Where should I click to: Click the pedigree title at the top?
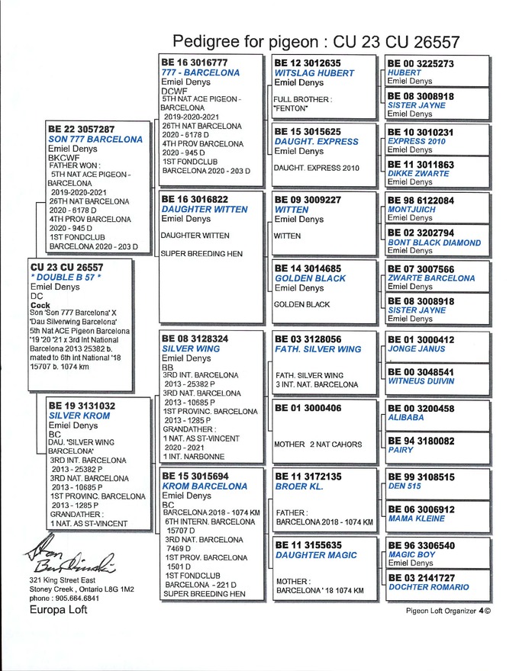[316, 40]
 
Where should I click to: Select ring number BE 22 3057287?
[82, 130]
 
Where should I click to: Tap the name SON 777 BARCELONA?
[95, 140]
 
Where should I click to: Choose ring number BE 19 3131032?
[82, 406]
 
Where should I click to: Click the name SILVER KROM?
[79, 416]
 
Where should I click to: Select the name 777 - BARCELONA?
[201, 72]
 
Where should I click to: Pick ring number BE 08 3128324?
[195, 338]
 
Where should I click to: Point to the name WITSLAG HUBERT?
[314, 73]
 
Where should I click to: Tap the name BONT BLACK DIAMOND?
[434, 242]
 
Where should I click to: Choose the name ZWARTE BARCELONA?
[430, 278]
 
